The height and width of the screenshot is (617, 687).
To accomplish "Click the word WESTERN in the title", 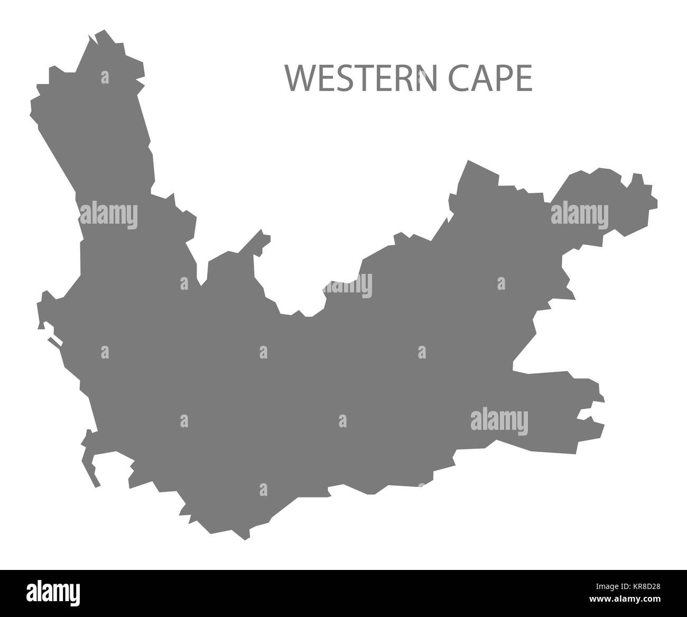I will [361, 79].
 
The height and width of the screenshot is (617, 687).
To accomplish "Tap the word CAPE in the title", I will [490, 79].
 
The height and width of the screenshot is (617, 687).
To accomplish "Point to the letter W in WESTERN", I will [299, 79].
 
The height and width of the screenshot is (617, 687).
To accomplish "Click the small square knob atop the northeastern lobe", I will [638, 180].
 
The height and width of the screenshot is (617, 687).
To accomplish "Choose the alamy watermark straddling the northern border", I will [347, 286].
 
